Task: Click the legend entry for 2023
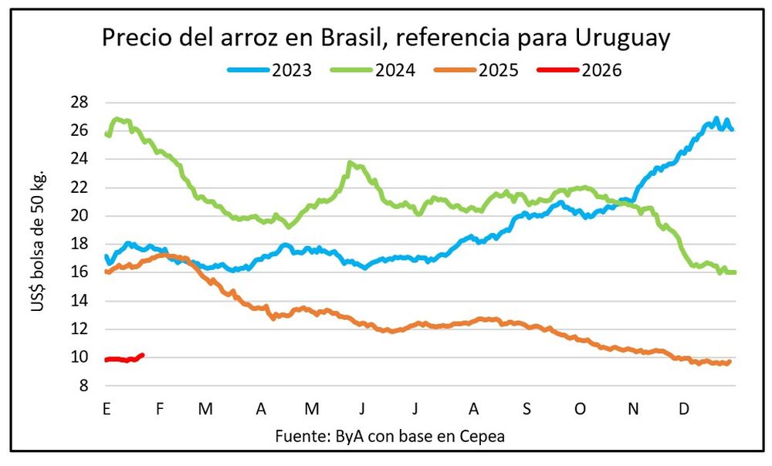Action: [270, 70]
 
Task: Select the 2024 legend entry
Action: [374, 70]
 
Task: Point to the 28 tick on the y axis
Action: [80, 103]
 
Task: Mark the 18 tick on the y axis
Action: [80, 245]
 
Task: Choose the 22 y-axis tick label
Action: [80, 187]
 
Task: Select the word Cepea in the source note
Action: [482, 436]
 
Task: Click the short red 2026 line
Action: [124, 359]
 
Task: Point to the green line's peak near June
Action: [351, 163]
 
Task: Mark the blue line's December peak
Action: [716, 120]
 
